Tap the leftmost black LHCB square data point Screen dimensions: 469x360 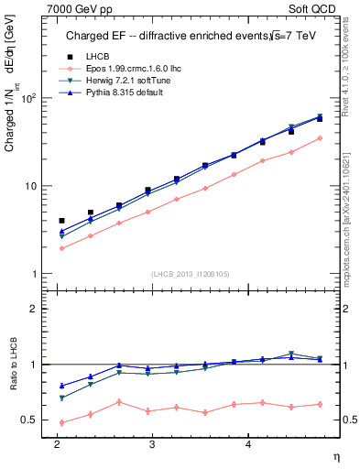point(61,221)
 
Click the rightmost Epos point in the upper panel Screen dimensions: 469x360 point(320,138)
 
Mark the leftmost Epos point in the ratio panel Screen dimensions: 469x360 point(61,422)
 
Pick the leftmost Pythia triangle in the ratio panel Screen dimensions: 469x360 point(61,386)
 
